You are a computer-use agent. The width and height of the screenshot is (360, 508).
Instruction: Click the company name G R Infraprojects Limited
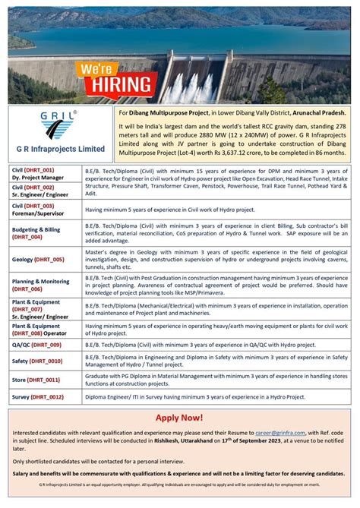tap(60, 149)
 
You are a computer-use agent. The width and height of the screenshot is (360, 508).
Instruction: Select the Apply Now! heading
tap(179, 418)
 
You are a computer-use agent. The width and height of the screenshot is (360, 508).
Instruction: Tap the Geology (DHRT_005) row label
tap(39, 259)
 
